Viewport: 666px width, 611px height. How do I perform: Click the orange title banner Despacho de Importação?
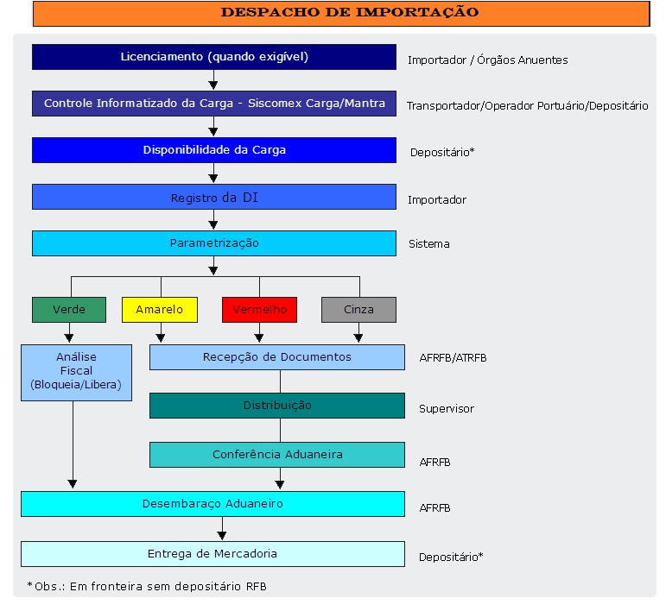341,14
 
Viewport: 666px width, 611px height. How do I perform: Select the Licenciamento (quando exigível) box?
214,57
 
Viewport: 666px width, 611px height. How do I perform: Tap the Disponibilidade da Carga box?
214,150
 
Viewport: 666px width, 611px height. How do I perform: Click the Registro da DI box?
214,197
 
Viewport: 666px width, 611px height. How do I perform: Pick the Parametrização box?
214,243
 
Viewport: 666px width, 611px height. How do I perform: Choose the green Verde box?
69,310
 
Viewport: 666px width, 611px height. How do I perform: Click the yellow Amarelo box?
160,310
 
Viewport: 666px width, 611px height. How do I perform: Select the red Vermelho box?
259,310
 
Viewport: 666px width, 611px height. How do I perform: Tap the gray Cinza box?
358,310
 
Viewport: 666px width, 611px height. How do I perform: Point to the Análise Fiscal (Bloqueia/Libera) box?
77,373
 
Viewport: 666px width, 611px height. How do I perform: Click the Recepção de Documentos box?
277,357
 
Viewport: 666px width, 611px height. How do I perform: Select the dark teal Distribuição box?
277,406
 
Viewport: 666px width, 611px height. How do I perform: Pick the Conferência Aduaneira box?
277,455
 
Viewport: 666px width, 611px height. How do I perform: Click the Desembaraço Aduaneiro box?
212,504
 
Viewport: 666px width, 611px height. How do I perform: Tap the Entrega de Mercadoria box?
212,554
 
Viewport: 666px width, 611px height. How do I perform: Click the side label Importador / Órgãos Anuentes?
487,60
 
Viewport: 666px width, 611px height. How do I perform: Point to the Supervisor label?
447,409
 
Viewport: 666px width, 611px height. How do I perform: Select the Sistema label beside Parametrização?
429,244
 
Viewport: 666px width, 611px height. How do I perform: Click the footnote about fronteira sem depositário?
147,586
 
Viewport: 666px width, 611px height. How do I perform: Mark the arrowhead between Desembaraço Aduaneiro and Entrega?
222,536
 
